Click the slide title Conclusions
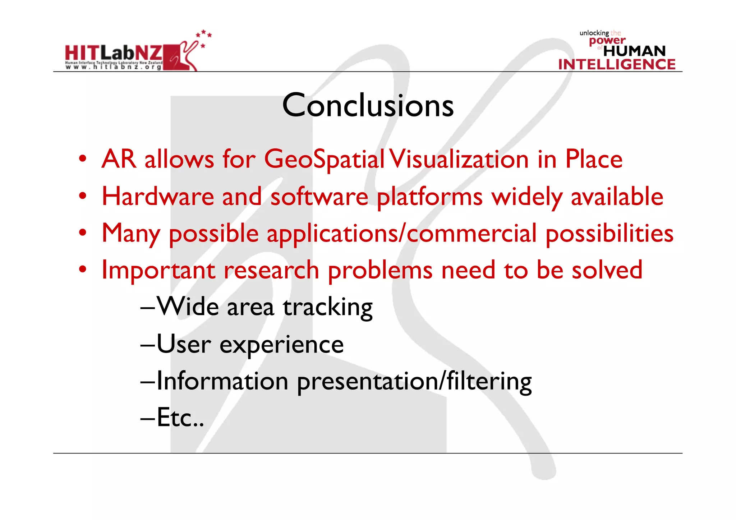pyautogui.click(x=368, y=105)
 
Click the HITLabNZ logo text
pyautogui.click(x=114, y=54)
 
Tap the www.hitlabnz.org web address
pyautogui.click(x=113, y=67)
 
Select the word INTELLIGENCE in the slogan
pyautogui.click(x=617, y=64)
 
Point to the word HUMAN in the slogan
pyautogui.click(x=634, y=51)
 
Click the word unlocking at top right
pyautogui.click(x=594, y=33)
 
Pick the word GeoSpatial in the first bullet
pyautogui.click(x=324, y=159)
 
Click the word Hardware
pyautogui.click(x=158, y=197)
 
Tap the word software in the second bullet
pyautogui.click(x=319, y=197)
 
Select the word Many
pyautogui.click(x=131, y=234)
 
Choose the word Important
pyautogui.click(x=158, y=270)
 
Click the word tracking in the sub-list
pyautogui.click(x=327, y=308)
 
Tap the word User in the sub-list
pyautogui.click(x=184, y=344)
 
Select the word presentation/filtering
pyautogui.click(x=414, y=382)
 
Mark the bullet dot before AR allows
pyautogui.click(x=83, y=159)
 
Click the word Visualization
pyautogui.click(x=459, y=159)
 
